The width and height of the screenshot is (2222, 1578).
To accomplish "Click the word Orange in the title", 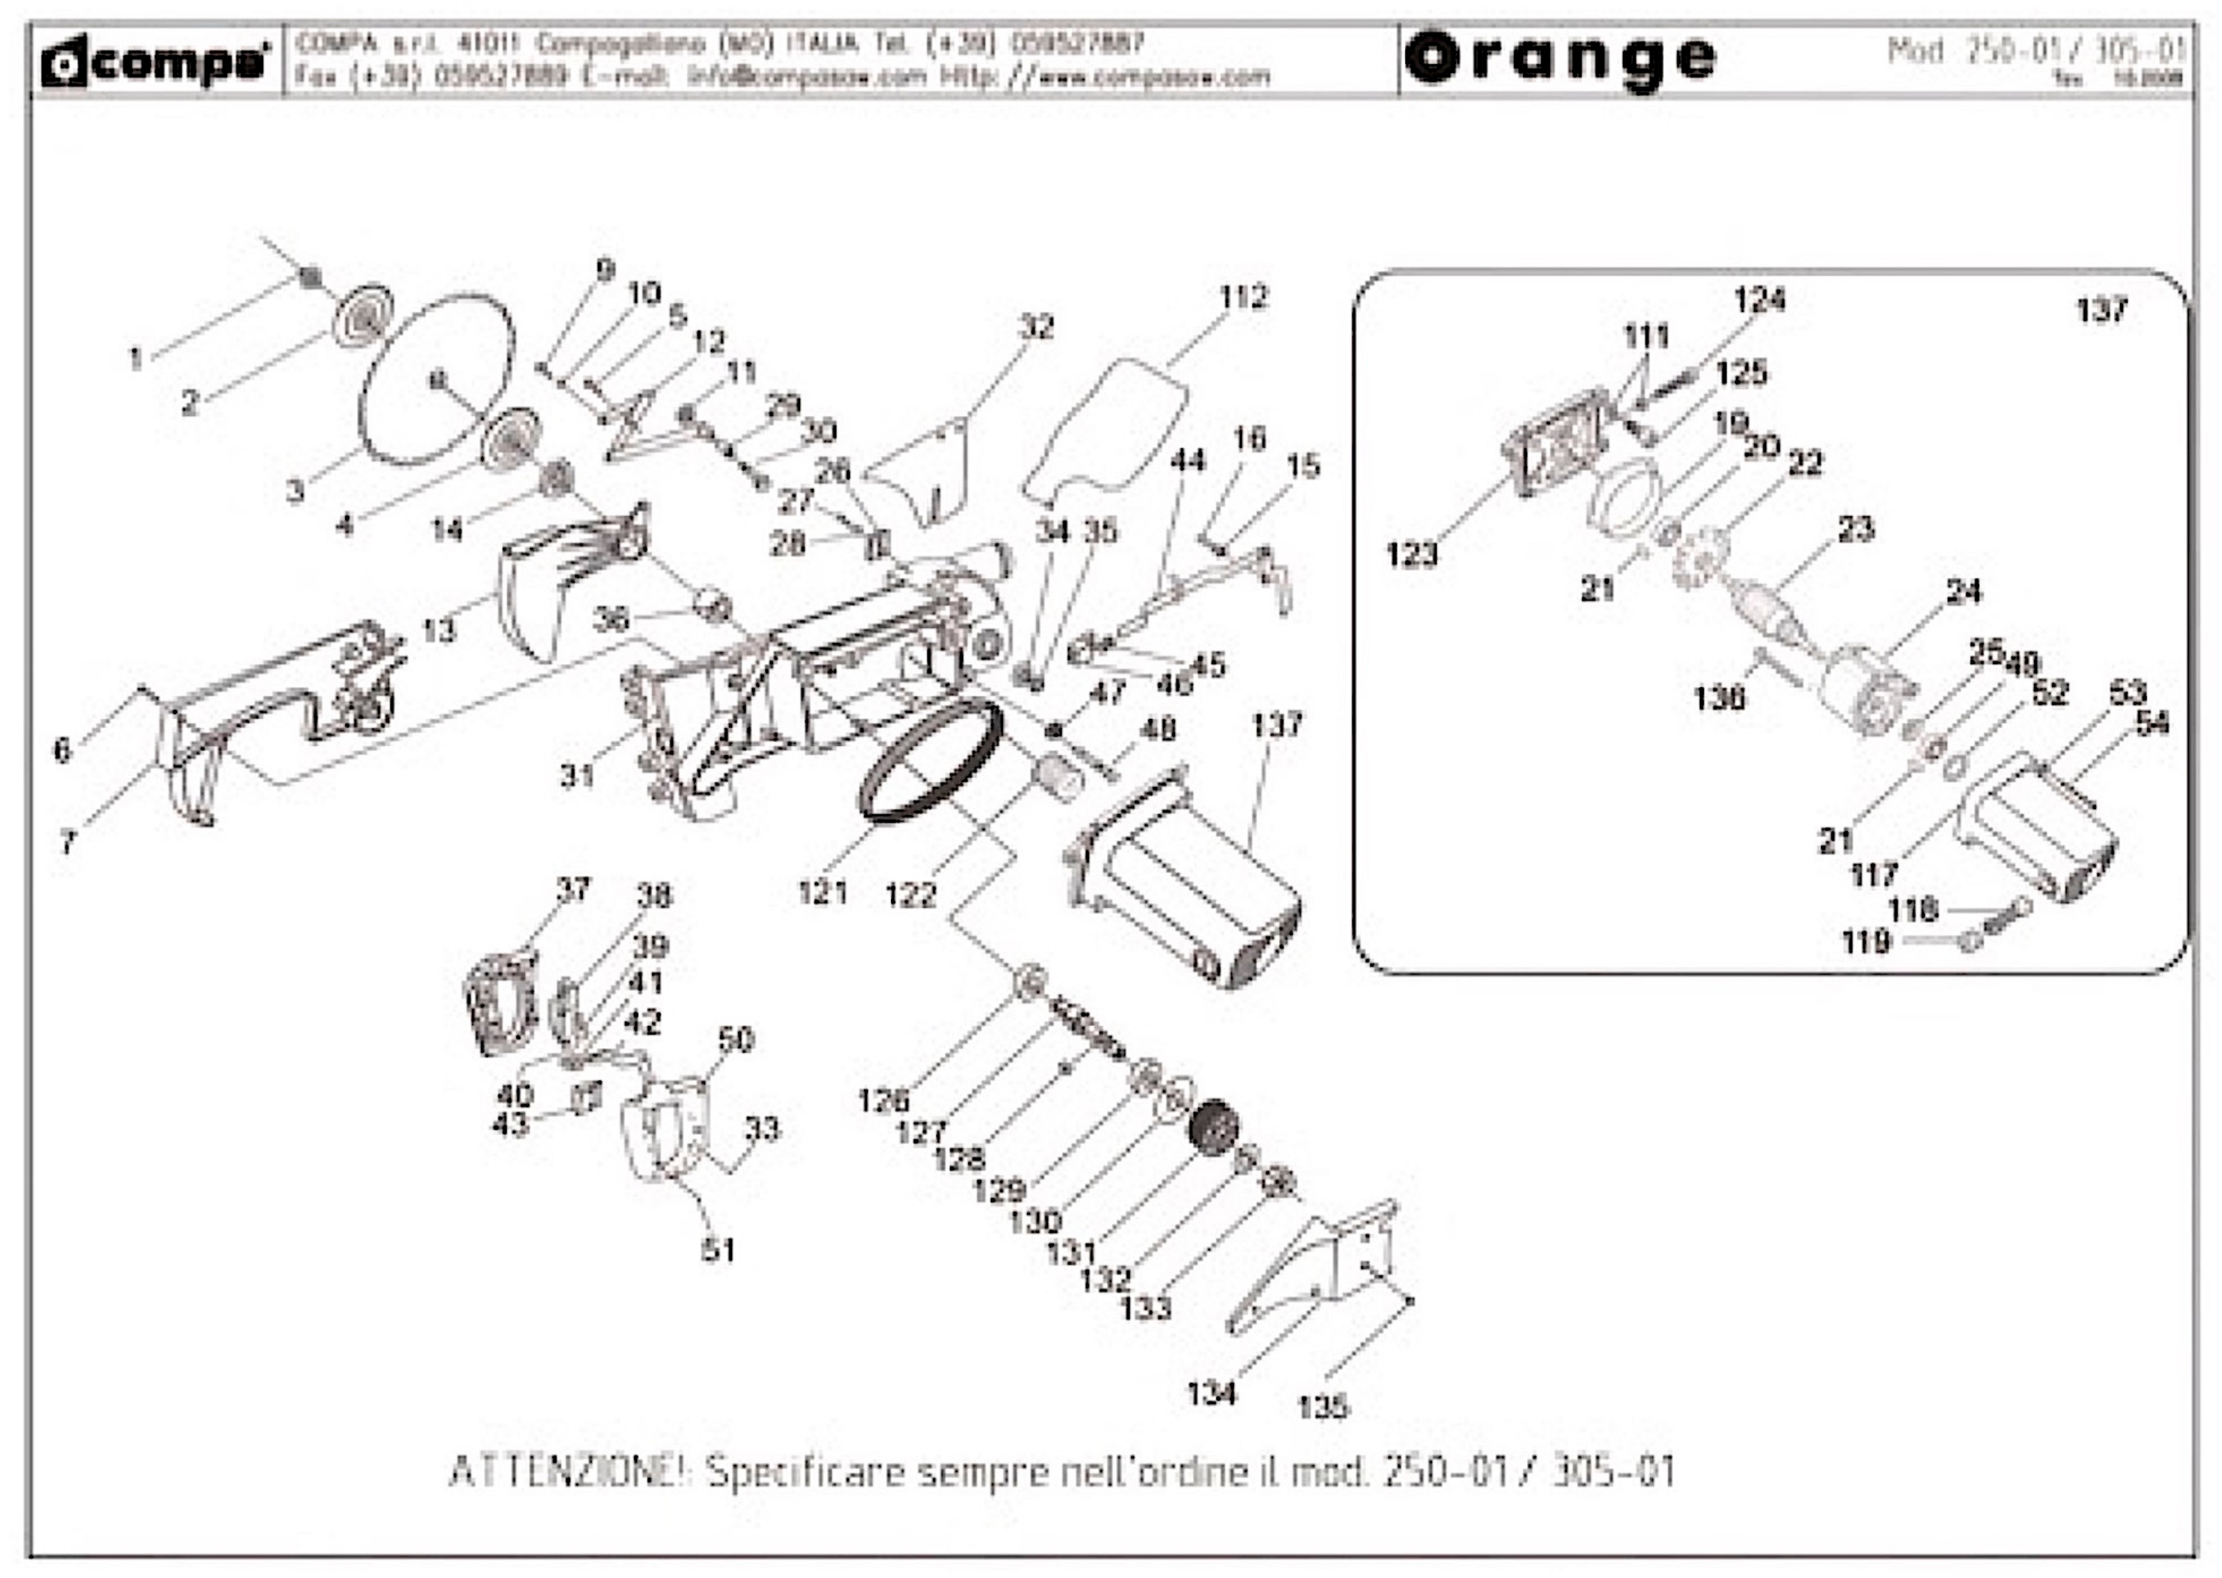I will coord(1560,58).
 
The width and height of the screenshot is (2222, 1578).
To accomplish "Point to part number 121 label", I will coord(823,891).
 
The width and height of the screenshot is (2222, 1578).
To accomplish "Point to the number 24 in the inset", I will coord(1964,591).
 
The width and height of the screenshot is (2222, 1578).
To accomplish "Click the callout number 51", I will coord(719,1249).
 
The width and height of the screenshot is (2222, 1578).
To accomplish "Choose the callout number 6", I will coord(62,749).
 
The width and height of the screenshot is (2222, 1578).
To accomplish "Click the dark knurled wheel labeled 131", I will coord(1214,1126).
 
